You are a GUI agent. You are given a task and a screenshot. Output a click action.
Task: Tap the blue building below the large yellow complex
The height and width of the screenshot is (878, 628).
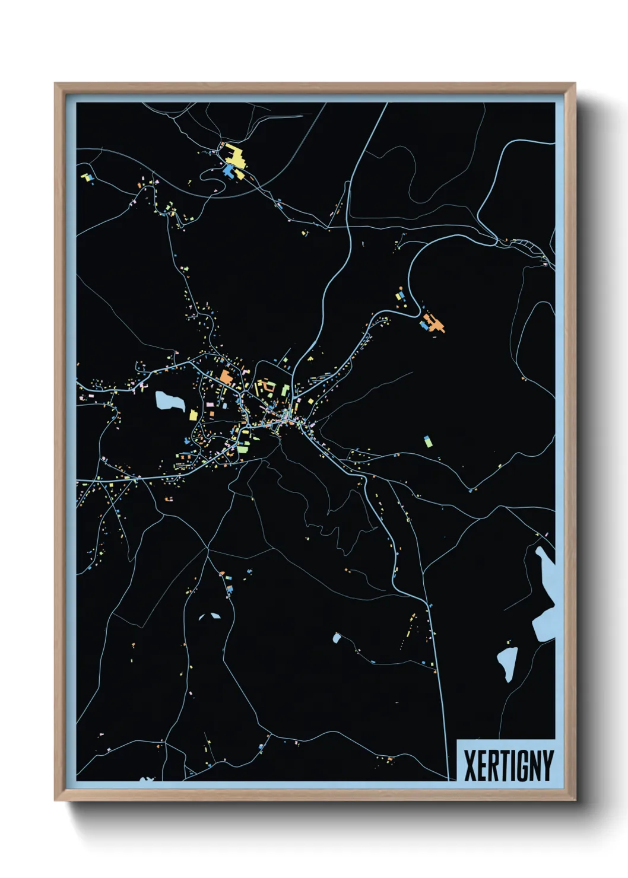click(x=229, y=171)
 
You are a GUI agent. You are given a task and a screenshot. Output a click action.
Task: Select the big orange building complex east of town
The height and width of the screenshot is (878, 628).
click(x=436, y=324)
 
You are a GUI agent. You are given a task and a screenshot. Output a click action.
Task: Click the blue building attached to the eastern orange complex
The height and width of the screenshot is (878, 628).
click(x=424, y=325)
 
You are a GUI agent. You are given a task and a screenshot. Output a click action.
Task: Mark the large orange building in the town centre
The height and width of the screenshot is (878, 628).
click(x=226, y=376)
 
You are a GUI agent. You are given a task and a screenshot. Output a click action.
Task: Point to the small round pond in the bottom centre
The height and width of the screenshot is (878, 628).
click(x=337, y=638)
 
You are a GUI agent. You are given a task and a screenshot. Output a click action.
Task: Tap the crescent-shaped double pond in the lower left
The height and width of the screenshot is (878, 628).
click(x=209, y=617)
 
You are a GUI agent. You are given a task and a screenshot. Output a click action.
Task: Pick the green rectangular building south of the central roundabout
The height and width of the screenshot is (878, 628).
click(x=243, y=448)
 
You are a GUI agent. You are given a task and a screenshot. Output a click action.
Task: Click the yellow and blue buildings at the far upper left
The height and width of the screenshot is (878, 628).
click(x=88, y=177)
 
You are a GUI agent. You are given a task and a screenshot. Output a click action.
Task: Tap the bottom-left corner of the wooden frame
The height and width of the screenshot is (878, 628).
click(x=56, y=799)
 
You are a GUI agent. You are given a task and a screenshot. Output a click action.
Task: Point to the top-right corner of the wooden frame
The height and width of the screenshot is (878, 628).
click(x=574, y=85)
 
